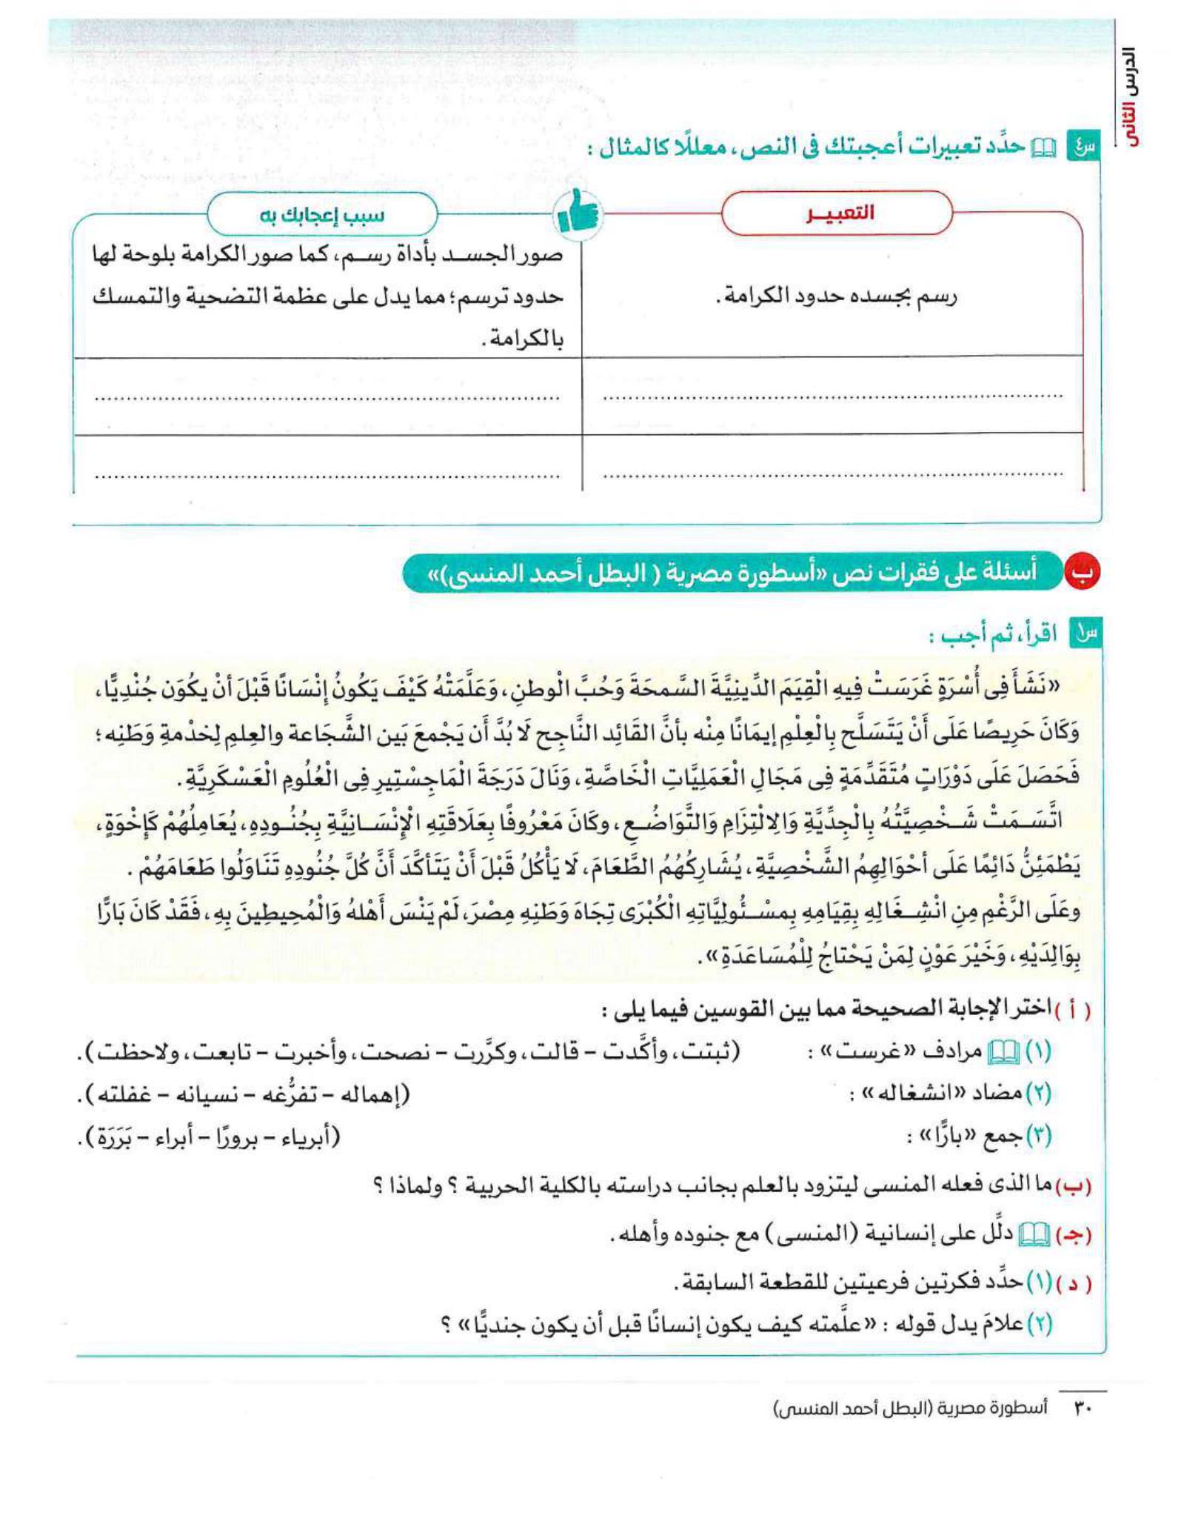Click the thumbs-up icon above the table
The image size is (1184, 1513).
577,215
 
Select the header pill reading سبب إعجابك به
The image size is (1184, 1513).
322,216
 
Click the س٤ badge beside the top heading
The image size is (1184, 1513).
1080,147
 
